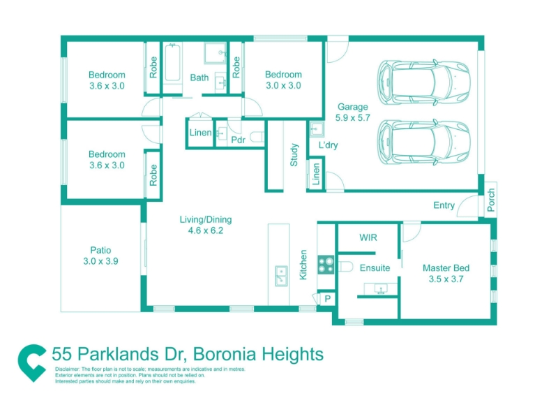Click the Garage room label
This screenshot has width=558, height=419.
353,107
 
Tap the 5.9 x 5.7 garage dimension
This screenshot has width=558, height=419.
353,117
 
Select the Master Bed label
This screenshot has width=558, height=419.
446,268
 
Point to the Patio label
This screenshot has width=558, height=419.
100,250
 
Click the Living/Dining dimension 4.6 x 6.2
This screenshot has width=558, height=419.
206,230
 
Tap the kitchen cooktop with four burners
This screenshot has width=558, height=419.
326,265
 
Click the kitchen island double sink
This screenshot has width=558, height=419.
281,276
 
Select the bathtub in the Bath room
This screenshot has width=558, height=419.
172,64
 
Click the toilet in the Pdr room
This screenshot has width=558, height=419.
257,137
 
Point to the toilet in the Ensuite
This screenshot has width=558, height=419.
345,267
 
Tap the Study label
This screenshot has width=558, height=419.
294,154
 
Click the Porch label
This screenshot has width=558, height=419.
491,200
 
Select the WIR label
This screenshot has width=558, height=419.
368,237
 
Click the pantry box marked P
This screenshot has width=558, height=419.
328,299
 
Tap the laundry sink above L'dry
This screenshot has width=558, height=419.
317,129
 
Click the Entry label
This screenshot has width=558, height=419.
444,205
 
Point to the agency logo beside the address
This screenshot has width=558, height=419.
32,363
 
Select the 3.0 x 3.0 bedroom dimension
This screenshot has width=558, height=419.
283,85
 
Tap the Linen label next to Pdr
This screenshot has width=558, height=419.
200,133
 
